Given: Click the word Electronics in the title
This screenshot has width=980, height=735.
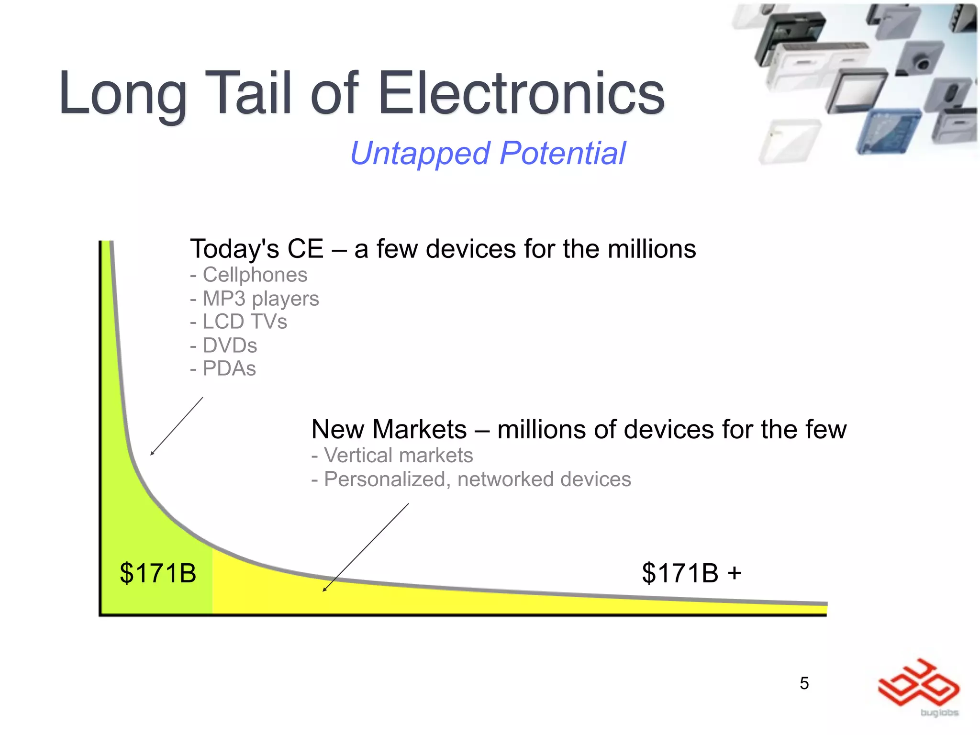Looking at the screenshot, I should click(x=522, y=93).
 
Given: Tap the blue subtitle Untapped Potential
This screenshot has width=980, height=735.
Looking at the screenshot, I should click(x=488, y=154).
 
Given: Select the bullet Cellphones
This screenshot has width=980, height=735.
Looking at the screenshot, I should click(x=255, y=275).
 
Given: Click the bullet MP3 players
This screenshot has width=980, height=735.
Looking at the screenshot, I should click(x=260, y=299).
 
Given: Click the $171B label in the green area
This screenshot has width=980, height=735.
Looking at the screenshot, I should click(x=158, y=573).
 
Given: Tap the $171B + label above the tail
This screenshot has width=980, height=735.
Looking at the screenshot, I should click(x=691, y=573).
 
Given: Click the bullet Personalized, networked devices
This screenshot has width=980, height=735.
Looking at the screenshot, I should click(x=477, y=479).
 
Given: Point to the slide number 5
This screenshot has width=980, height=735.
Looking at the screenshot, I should click(x=804, y=683).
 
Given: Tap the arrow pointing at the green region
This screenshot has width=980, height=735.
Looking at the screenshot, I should click(x=176, y=426).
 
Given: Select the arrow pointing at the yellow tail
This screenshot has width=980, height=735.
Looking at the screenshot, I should click(x=366, y=547).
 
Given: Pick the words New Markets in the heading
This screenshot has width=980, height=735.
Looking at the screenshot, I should click(x=389, y=429).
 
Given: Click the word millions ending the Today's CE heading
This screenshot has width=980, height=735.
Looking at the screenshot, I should click(x=651, y=249).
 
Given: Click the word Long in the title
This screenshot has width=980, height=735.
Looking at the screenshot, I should click(x=122, y=93).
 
